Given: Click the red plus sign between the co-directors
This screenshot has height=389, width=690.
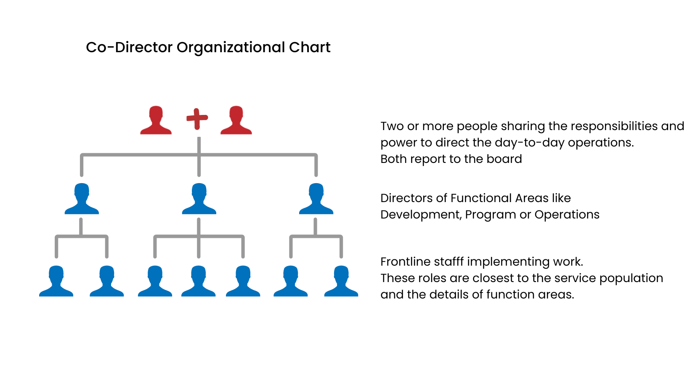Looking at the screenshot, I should point(197,119).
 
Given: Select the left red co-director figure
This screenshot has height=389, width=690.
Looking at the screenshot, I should point(156,120).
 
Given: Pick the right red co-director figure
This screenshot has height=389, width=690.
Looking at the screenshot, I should point(236,120).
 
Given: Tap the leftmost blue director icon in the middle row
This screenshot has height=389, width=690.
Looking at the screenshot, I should point(82,199).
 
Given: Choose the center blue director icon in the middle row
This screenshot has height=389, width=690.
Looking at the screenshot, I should point(199,199).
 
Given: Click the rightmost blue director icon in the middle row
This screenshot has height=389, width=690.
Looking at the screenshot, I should point(316,199).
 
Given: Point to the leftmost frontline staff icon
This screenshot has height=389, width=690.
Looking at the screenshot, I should point(56,281).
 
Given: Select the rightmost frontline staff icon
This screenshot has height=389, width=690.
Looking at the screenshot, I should point(341,281).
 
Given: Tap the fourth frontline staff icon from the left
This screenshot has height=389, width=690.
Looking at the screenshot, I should point(199,281).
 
